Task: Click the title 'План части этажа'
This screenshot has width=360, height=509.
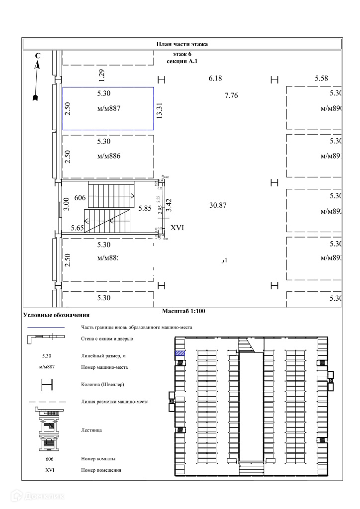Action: tap(182, 44)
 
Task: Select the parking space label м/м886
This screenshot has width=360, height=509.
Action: tap(109, 156)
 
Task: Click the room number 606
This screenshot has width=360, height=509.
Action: tap(80, 198)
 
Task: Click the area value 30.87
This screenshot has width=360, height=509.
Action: tap(218, 205)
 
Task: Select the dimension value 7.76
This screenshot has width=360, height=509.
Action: tap(231, 95)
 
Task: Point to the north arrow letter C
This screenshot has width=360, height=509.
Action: tap(38, 57)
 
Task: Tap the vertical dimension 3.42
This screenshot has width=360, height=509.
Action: tap(169, 205)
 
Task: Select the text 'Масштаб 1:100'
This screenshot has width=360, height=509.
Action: tap(183, 312)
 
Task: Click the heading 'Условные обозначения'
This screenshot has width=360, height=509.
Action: tap(56, 315)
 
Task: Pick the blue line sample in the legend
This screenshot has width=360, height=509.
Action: tap(45, 328)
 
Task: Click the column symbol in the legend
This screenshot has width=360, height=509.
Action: tap(45, 384)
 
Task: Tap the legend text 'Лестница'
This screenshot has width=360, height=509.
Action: tap(91, 429)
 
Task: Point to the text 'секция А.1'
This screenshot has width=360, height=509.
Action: tap(182, 61)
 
